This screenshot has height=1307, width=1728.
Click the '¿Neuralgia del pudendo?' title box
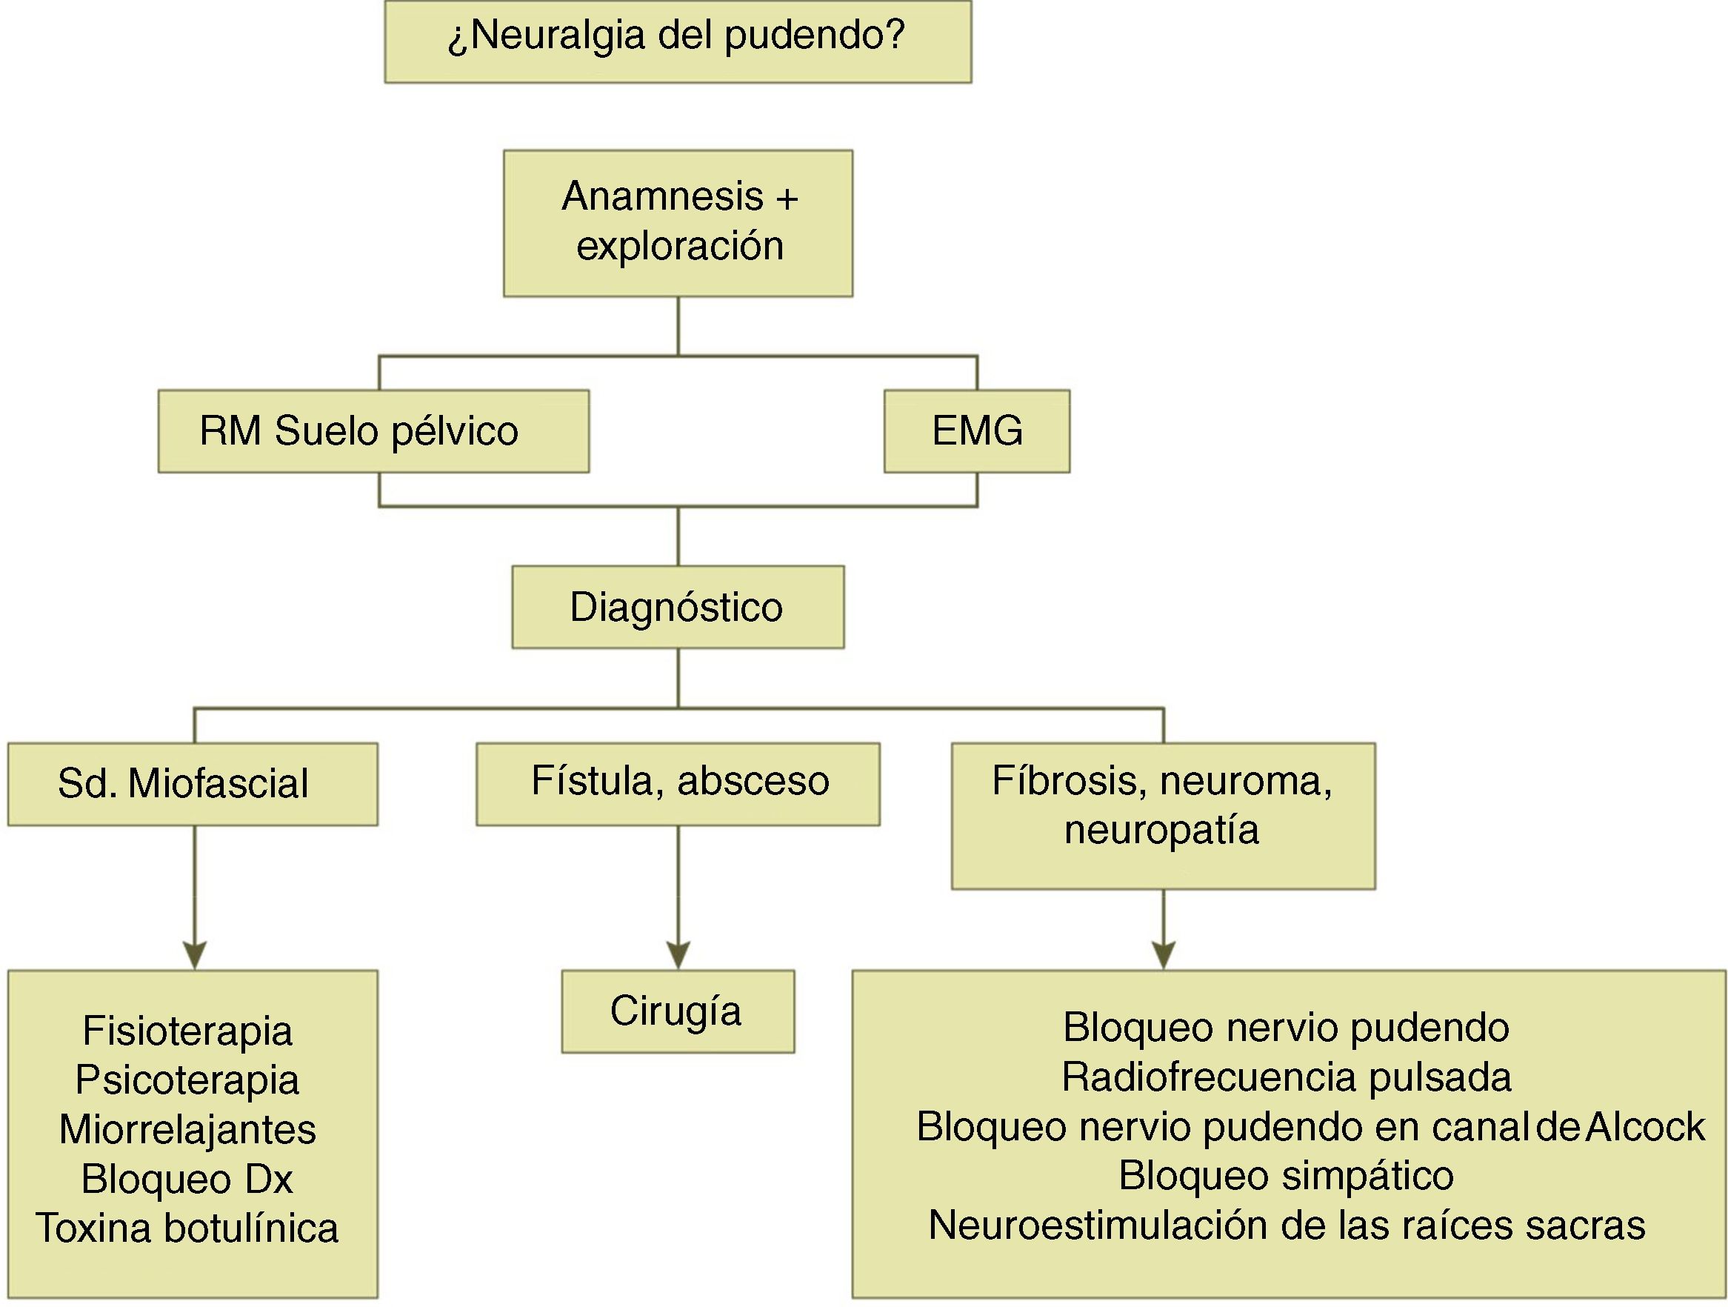tap(677, 41)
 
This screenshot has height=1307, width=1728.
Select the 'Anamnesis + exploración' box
tap(677, 223)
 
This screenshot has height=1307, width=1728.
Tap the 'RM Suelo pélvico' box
tap(373, 431)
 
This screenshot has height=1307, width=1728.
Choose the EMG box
tap(976, 431)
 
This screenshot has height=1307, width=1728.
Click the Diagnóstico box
tap(677, 607)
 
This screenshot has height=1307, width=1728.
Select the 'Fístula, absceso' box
tap(677, 784)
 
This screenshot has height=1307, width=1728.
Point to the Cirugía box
tap(677, 1011)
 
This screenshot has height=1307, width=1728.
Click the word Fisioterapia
tap(187, 1031)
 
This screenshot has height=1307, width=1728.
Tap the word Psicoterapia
tap(187, 1080)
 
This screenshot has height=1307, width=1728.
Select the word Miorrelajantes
tap(187, 1130)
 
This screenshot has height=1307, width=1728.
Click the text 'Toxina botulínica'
tap(187, 1228)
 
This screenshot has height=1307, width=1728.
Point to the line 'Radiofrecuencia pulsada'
tap(1287, 1078)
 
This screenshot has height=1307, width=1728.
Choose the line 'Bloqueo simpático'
tap(1287, 1176)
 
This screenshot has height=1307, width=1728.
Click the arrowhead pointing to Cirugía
tap(678, 954)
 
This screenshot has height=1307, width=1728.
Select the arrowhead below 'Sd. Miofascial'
tap(195, 954)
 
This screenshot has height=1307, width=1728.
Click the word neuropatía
tap(1161, 830)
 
